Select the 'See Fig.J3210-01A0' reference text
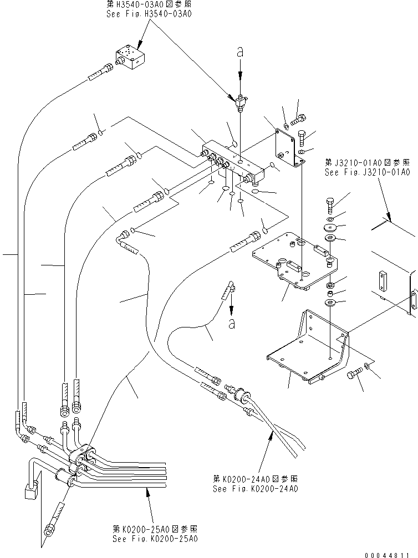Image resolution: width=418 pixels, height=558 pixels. tap(367, 172)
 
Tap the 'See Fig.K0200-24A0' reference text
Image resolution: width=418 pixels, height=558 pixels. tap(256, 489)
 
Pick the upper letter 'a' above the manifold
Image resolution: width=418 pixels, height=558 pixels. tap(239, 51)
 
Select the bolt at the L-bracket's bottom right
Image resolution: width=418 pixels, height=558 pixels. tap(353, 376)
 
